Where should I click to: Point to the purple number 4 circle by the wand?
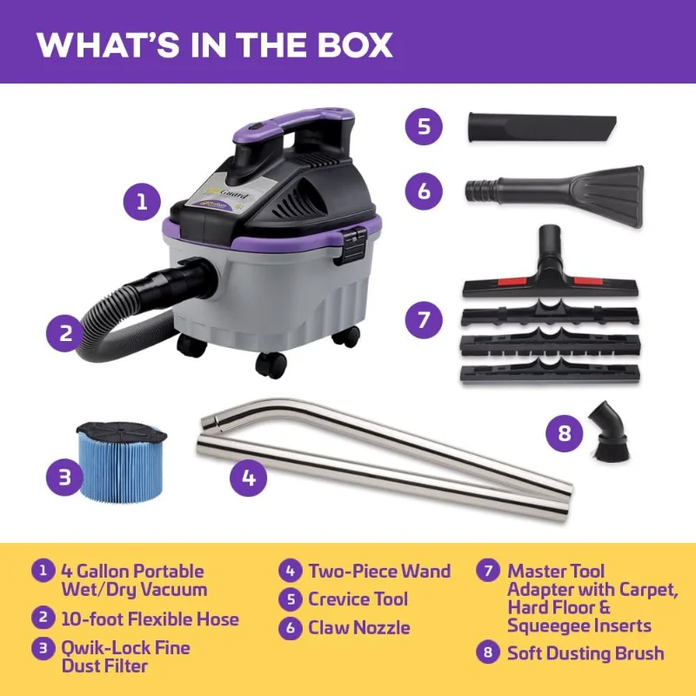pyautogui.click(x=249, y=477)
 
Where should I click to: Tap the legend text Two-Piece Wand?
pyautogui.click(x=379, y=572)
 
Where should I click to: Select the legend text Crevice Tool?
pyautogui.click(x=358, y=599)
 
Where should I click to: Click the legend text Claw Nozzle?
pyautogui.click(x=358, y=627)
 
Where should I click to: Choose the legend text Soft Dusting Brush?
pyautogui.click(x=585, y=652)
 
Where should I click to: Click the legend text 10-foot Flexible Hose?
pyautogui.click(x=150, y=619)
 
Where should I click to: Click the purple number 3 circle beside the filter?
pyautogui.click(x=65, y=477)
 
